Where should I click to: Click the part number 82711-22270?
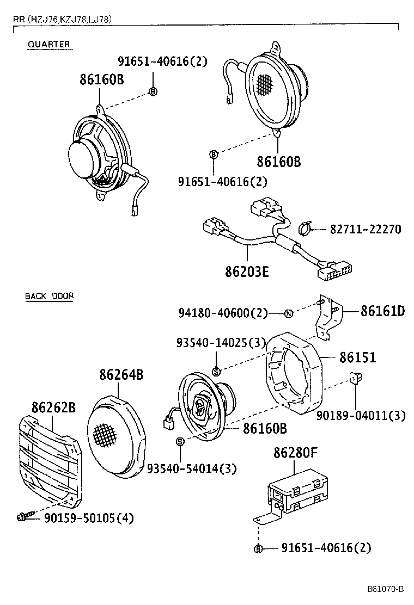point(365,230)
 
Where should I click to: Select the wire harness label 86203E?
point(247,271)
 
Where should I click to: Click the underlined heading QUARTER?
point(49,45)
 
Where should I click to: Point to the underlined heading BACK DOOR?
point(49,297)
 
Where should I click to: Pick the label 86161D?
point(382,311)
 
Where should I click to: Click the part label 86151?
point(358,357)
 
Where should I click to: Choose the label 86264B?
point(121,375)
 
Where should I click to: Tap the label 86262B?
point(53,407)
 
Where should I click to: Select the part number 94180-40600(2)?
point(223,313)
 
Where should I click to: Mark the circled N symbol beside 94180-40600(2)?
point(289,313)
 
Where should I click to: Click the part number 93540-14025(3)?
point(221,343)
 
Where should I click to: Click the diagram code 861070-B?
point(385,589)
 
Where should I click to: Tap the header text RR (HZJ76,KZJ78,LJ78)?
point(63,20)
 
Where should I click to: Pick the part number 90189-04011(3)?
point(361,416)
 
